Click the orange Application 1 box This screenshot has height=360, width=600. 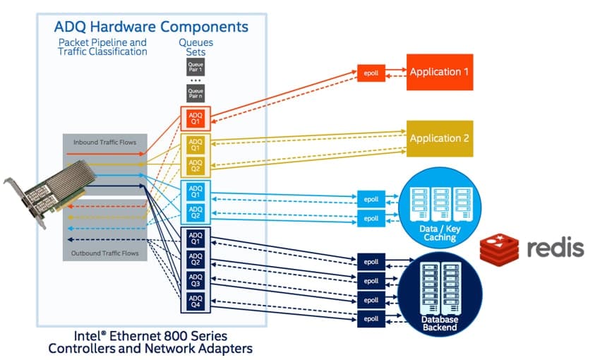pos(439,72)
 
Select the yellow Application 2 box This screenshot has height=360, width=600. pos(439,138)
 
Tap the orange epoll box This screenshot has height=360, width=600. pos(371,73)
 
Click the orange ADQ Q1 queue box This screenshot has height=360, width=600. pos(195,117)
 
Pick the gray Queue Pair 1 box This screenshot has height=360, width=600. pos(195,68)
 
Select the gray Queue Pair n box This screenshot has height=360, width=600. pos(195,93)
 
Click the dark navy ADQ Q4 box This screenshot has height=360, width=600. pos(195,301)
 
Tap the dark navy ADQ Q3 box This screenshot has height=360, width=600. pos(195,280)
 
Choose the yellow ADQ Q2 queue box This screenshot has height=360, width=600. pos(195,165)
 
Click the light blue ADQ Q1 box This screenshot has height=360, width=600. pos(195,191)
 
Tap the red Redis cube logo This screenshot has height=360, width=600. pos(499,248)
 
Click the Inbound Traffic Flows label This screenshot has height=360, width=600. pos(104,143)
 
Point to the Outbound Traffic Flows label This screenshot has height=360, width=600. pos(104,252)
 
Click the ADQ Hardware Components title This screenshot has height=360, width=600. pos(151,28)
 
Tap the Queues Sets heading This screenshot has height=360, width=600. pos(195,47)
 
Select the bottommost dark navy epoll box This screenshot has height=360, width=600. pos(371,319)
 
